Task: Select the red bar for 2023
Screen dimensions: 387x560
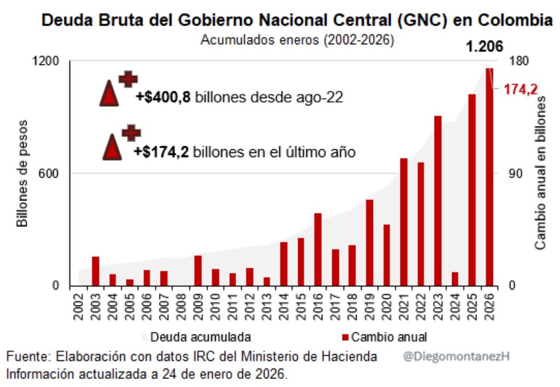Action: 438,200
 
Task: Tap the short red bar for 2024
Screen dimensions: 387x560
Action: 455,279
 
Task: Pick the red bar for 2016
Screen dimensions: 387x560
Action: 318,249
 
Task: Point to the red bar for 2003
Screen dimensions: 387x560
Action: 95,271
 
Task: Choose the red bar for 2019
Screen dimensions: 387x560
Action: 370,242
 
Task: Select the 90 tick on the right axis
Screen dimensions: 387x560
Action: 516,174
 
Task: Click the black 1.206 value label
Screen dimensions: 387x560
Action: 484,47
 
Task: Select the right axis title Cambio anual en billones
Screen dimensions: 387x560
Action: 541,173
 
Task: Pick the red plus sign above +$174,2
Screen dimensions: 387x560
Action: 131,132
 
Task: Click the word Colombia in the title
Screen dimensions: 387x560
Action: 515,21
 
